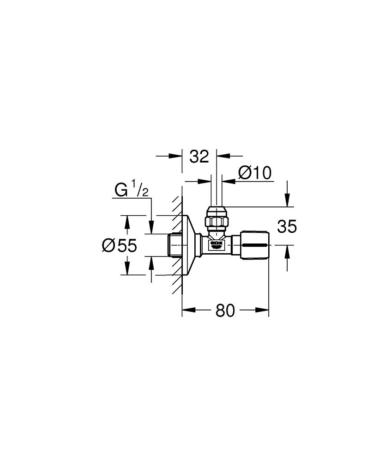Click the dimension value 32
[x=199, y=157]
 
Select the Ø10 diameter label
[x=254, y=173]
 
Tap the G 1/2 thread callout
[x=131, y=190]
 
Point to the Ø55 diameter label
[x=119, y=245]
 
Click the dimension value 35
[x=287, y=227]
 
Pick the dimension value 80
[x=225, y=311]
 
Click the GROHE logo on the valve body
[x=216, y=243]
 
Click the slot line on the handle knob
[x=255, y=244]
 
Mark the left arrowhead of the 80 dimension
[x=186, y=311]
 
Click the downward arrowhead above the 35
[x=288, y=202]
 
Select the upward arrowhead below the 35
[x=288, y=249]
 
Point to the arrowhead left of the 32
[x=178, y=156]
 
